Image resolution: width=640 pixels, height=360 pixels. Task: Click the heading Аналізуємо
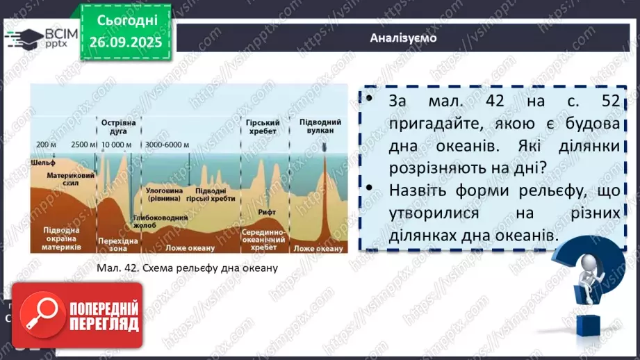pyautogui.click(x=403, y=38)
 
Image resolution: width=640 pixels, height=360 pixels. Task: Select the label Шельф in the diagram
pyautogui.click(x=43, y=162)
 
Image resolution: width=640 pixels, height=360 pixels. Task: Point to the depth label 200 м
pyautogui.click(x=47, y=145)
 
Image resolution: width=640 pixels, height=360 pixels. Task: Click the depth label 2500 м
pyautogui.click(x=83, y=145)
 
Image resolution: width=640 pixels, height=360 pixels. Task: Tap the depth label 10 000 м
pyautogui.click(x=116, y=145)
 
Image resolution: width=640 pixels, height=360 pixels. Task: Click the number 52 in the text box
pyautogui.click(x=609, y=101)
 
